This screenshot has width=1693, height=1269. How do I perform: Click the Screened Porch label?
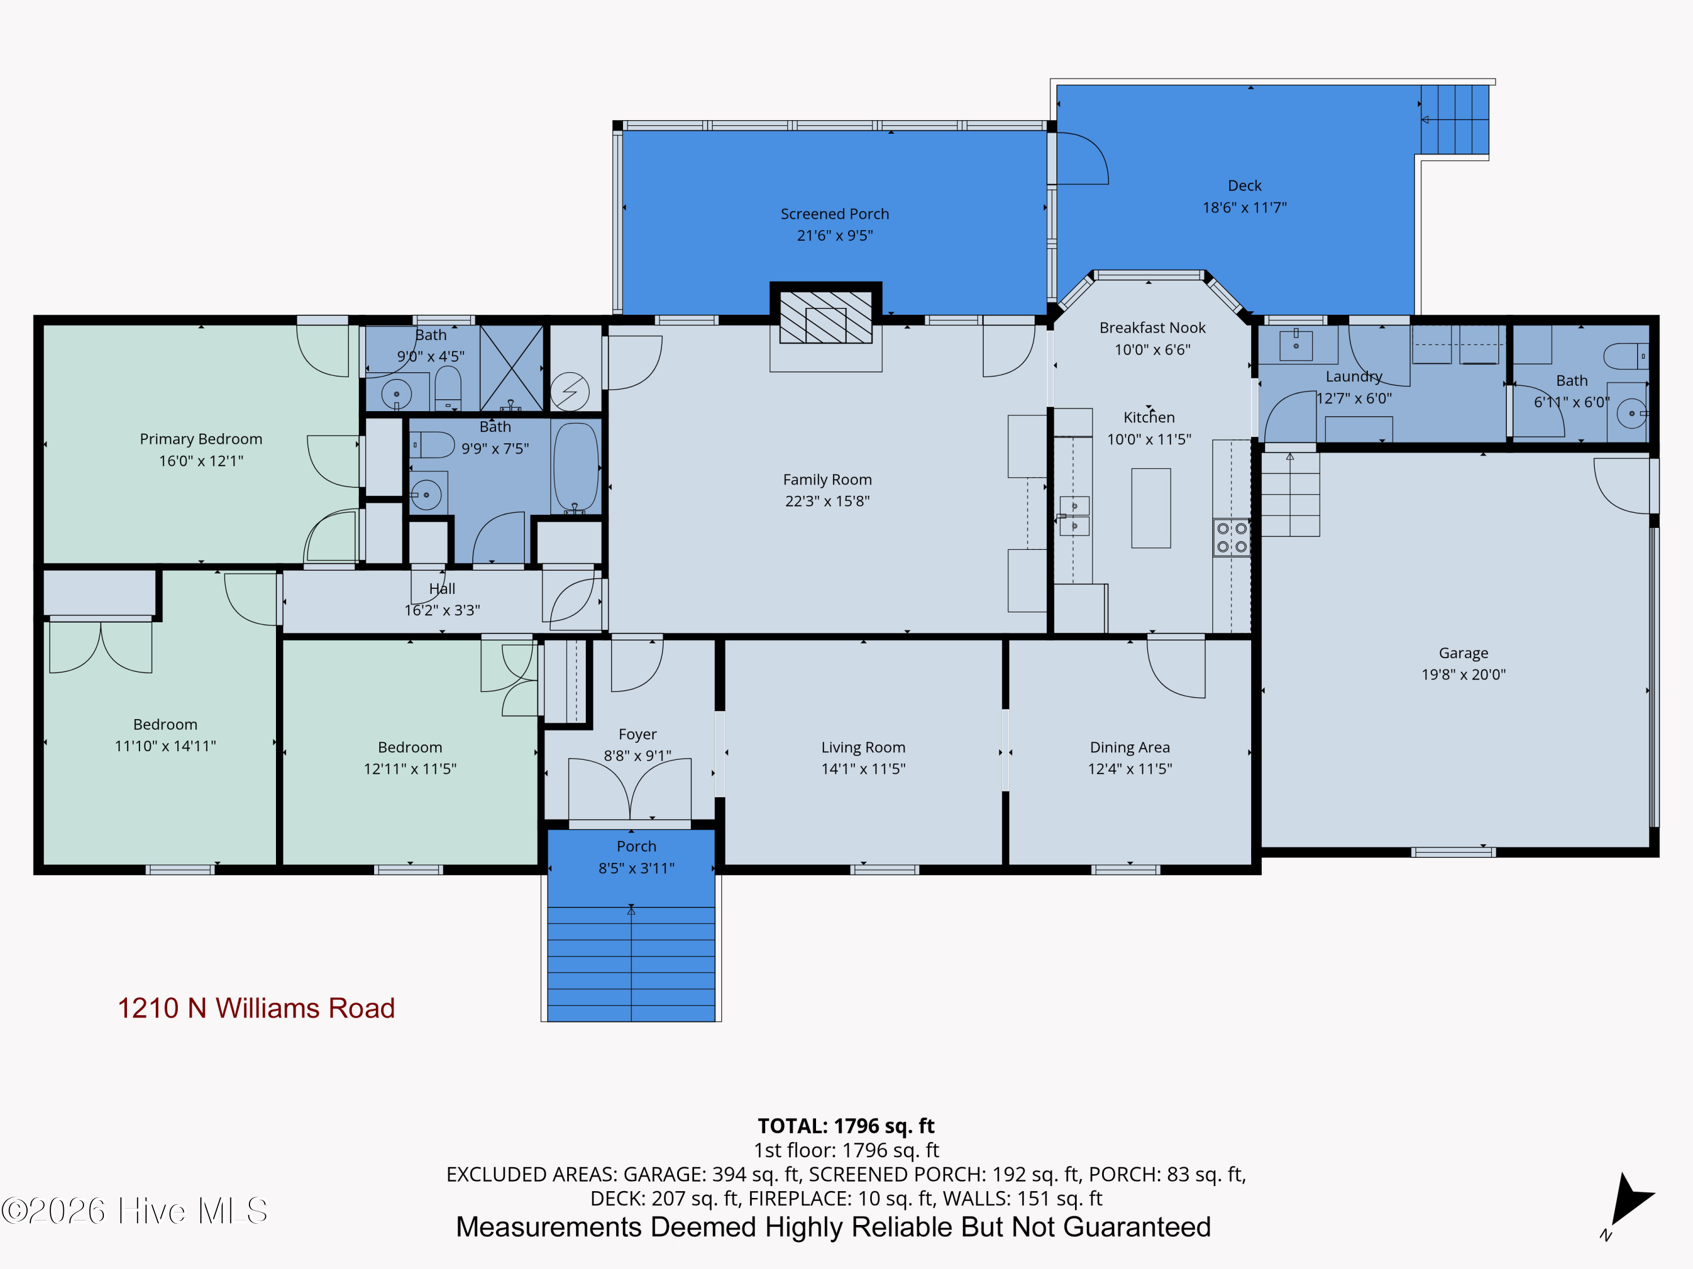click(x=834, y=214)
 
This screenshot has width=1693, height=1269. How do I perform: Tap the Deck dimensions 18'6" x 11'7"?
click(x=1244, y=208)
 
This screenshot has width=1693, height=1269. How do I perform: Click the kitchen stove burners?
click(x=1231, y=537)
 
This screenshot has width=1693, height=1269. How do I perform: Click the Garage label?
click(x=1463, y=653)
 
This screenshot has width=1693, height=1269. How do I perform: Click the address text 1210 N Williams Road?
click(x=256, y=1008)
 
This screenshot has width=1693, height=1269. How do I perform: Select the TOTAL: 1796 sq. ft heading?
click(x=846, y=1126)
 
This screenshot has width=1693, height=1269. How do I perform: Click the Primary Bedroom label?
click(x=200, y=439)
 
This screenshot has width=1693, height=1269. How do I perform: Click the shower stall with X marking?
click(x=511, y=368)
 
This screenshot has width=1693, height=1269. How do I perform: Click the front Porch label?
click(x=636, y=846)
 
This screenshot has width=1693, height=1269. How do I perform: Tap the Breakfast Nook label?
click(x=1152, y=327)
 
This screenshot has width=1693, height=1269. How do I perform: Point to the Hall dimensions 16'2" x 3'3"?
click(x=442, y=610)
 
